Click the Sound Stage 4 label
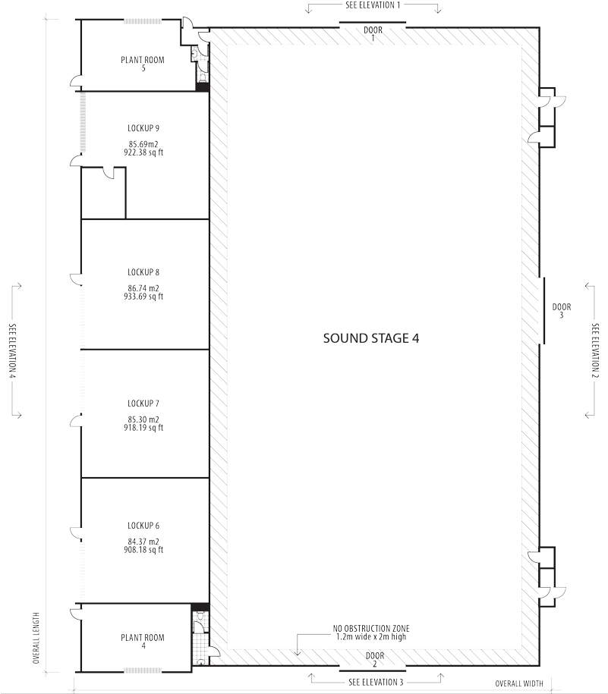[x=371, y=338]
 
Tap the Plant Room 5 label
[x=143, y=59]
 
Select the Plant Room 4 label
[x=143, y=638]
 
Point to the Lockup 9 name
[x=143, y=127]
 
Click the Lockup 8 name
[x=143, y=272]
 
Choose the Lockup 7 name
[x=143, y=403]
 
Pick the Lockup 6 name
[x=143, y=526]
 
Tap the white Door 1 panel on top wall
[x=373, y=26]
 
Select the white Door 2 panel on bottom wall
[x=373, y=668]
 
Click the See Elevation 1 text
[x=373, y=5]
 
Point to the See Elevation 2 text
[x=373, y=682]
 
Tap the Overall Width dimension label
[x=520, y=683]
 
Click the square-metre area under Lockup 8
[x=143, y=288]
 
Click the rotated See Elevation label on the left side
[x=13, y=350]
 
